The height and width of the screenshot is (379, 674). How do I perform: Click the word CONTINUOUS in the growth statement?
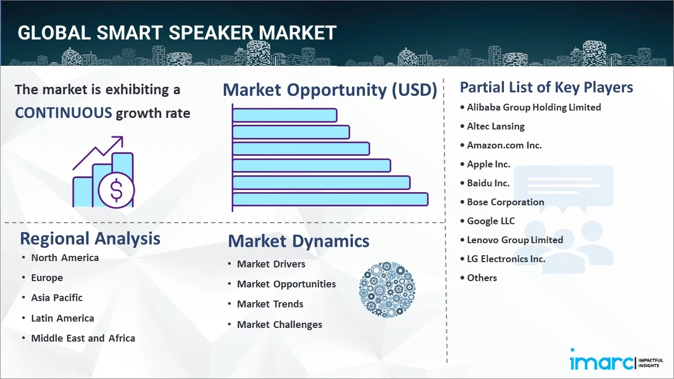[x=64, y=113]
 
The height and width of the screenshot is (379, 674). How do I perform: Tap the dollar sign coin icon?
[x=116, y=190]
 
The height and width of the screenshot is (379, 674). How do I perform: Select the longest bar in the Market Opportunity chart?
[x=330, y=200]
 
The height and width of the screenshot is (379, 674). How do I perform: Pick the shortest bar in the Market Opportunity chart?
[x=285, y=115]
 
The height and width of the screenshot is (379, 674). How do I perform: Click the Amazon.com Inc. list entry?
[x=504, y=145]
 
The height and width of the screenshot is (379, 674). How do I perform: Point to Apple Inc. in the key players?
[x=488, y=164]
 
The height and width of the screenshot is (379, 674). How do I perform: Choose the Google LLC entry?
[x=491, y=221]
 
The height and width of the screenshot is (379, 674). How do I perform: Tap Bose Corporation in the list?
[x=506, y=202]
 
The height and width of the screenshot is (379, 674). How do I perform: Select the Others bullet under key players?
[x=482, y=278]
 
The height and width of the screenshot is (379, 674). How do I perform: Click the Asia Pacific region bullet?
[x=57, y=298]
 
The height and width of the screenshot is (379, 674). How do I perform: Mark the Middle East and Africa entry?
[x=83, y=338]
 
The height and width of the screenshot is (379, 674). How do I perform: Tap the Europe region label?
[x=47, y=278]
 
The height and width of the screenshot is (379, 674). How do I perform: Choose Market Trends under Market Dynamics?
[x=270, y=304]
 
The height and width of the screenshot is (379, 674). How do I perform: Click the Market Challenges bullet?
[x=280, y=325]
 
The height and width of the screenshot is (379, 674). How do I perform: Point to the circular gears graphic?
[x=387, y=290]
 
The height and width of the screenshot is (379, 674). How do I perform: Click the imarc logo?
[x=616, y=360]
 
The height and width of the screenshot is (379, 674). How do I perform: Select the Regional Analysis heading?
[x=90, y=239]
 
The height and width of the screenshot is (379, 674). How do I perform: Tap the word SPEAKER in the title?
[x=211, y=33]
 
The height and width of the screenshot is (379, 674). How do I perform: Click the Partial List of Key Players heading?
[x=547, y=87]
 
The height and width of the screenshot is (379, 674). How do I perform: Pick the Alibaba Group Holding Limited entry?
[x=534, y=107]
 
